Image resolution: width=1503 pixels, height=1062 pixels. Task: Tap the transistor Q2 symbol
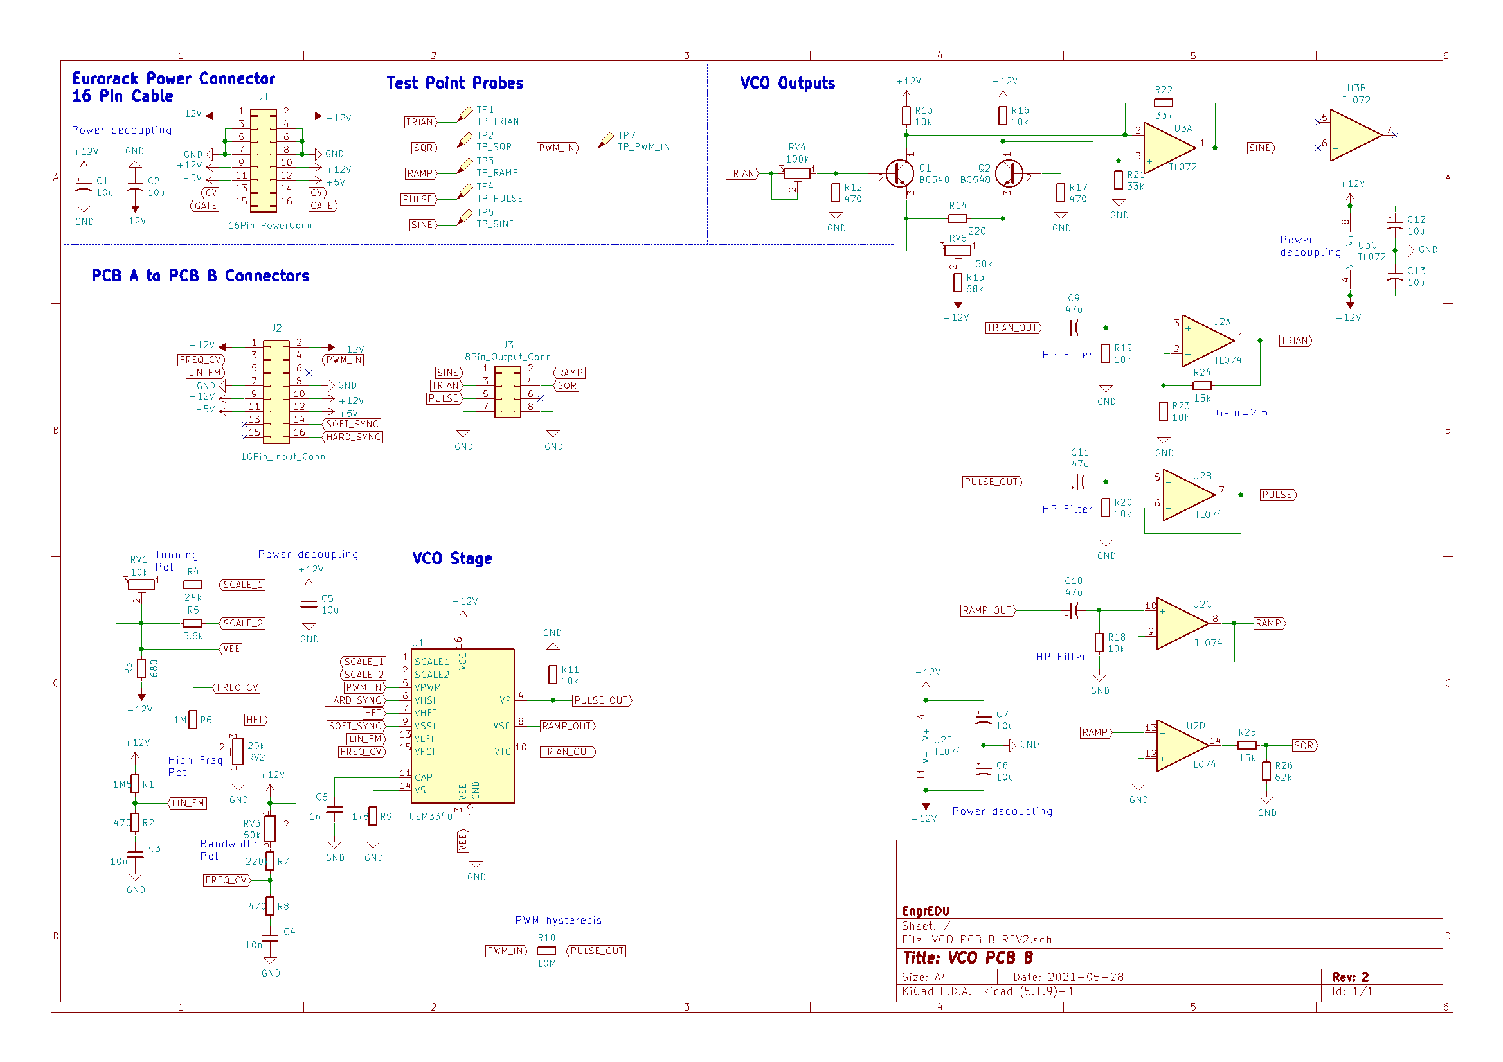click(x=1009, y=174)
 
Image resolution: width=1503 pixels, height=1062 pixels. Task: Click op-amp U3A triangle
click(x=1169, y=148)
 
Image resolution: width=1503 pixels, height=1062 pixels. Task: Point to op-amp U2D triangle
click(x=1181, y=746)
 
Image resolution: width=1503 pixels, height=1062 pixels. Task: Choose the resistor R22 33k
click(x=1164, y=103)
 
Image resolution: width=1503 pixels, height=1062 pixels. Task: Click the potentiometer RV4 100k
click(x=797, y=173)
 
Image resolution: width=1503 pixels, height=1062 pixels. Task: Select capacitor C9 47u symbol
click(x=1074, y=327)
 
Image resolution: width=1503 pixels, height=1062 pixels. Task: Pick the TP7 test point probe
click(x=607, y=139)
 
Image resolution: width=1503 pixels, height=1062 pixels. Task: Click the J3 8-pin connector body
click(x=507, y=391)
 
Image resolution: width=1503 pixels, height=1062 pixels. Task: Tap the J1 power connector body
click(x=263, y=161)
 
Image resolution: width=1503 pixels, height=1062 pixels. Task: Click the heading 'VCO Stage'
click(x=452, y=558)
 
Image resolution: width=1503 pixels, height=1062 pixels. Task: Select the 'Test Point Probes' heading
click(x=455, y=83)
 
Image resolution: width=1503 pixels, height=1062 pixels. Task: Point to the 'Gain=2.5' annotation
click(x=1241, y=413)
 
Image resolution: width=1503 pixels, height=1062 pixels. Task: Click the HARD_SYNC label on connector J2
click(x=353, y=437)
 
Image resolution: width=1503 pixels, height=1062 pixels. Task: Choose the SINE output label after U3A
click(x=1260, y=148)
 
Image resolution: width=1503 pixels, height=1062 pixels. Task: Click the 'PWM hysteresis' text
click(x=558, y=921)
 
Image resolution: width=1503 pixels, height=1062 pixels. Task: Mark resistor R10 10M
click(x=546, y=951)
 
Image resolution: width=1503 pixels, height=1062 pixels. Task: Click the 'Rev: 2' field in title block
click(x=1350, y=977)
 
